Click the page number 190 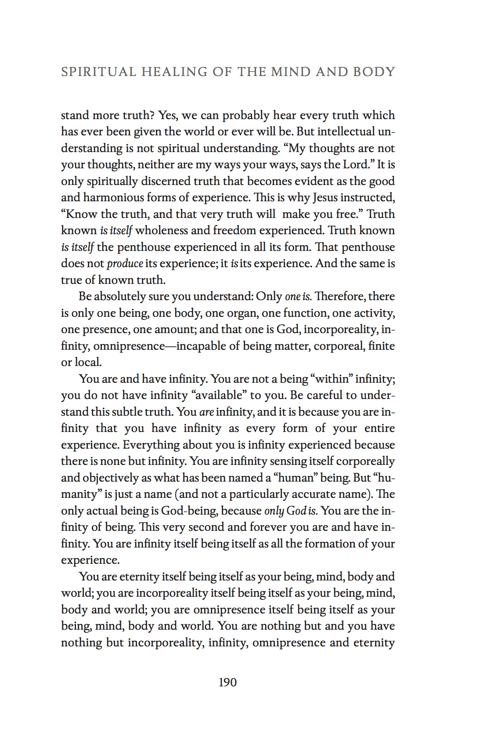[x=227, y=682]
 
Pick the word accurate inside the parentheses [x=319, y=494]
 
